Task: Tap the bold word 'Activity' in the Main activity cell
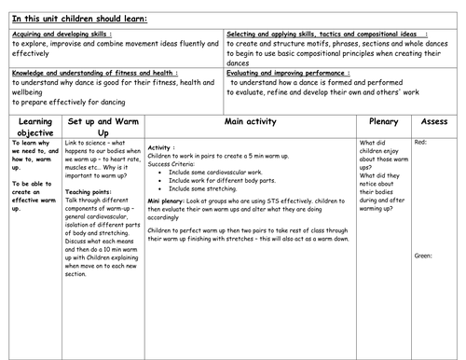pos(161,148)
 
